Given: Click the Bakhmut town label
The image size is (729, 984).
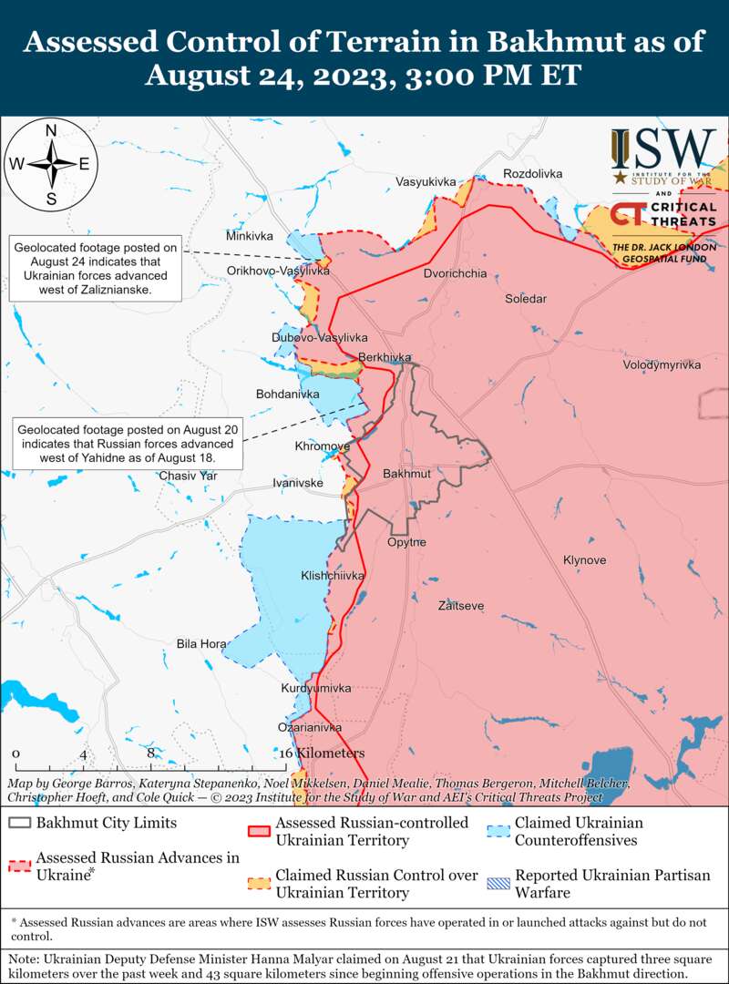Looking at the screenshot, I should pos(406,475).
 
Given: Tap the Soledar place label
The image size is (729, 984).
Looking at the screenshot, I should pos(526,299).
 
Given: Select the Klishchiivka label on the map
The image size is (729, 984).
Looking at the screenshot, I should pos(333,576).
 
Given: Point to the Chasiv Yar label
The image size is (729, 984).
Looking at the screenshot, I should pos(188,476).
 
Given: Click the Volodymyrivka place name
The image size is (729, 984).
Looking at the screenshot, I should pos(662,364).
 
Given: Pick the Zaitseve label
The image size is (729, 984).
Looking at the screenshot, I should pos(461,606).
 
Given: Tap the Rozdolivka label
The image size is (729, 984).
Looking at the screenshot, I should pos(533,173).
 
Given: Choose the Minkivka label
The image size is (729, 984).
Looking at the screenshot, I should pos(250,236).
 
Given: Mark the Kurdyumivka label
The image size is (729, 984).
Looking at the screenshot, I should pos(316,688).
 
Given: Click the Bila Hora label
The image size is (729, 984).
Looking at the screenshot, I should pos(201,644).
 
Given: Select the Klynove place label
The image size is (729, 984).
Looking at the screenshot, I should pos(584,560).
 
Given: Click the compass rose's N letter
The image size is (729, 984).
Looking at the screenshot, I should pos(52,129).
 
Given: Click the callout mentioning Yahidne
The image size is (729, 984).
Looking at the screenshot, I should pos(126,444).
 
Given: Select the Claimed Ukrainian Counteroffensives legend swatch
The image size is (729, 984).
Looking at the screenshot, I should pos(498,831).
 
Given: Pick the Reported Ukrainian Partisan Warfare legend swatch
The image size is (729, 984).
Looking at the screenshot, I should pos(498,884).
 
